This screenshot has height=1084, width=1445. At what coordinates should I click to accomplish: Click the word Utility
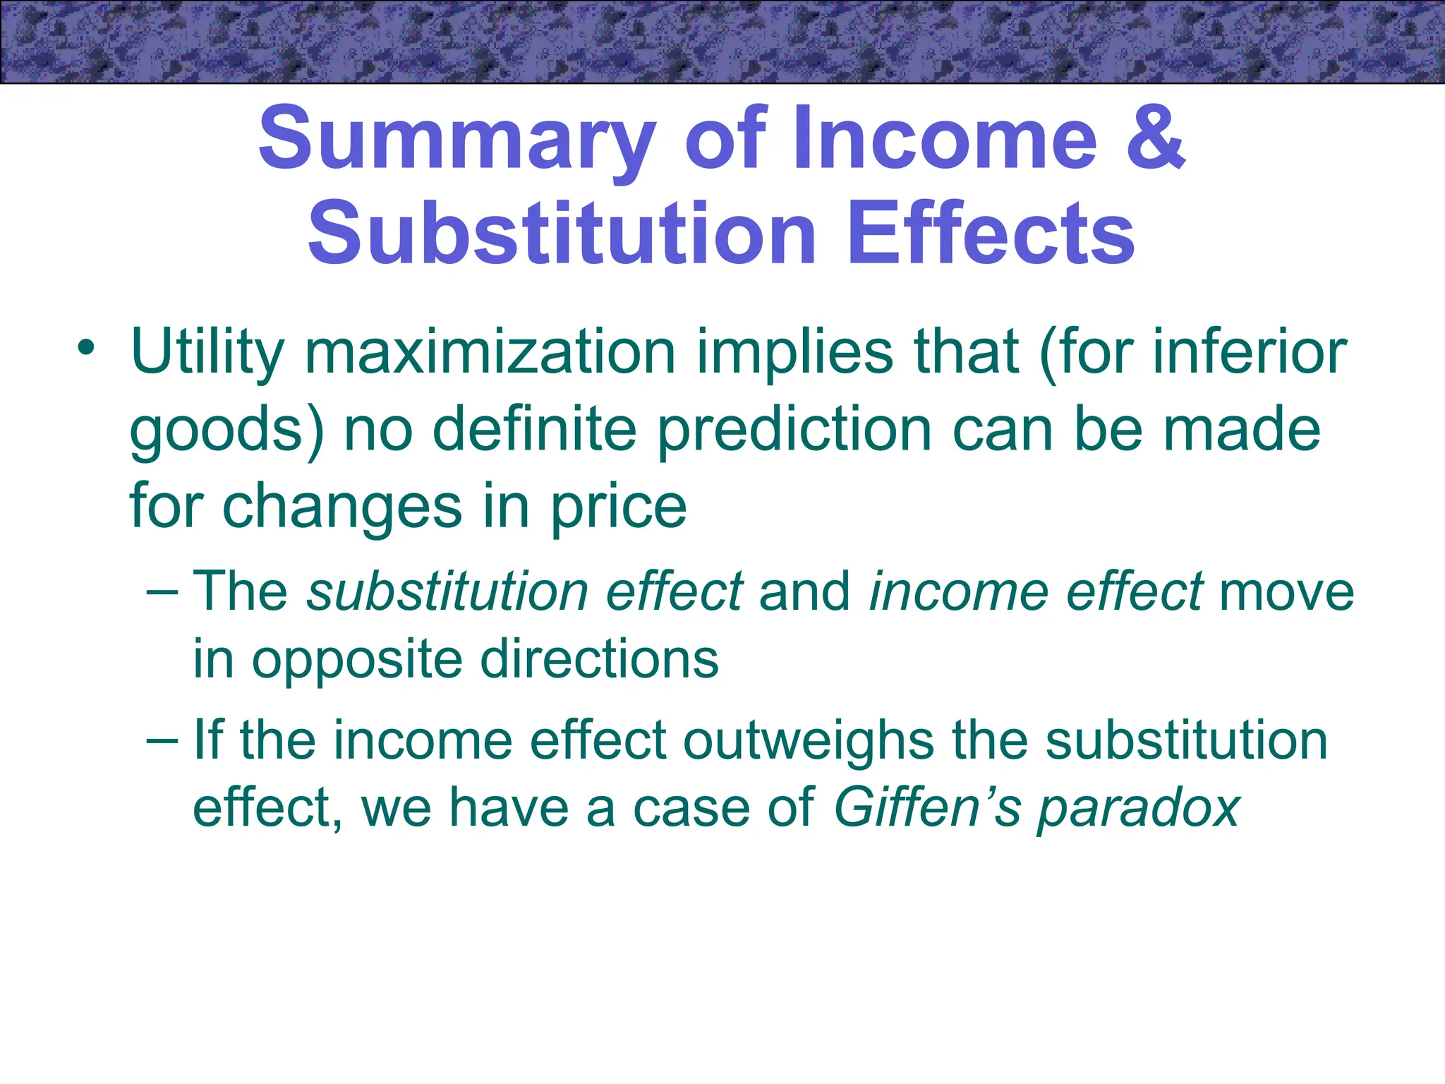[207, 353]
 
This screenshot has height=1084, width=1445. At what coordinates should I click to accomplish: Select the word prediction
[794, 430]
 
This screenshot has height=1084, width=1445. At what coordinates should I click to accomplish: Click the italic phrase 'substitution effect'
[525, 591]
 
